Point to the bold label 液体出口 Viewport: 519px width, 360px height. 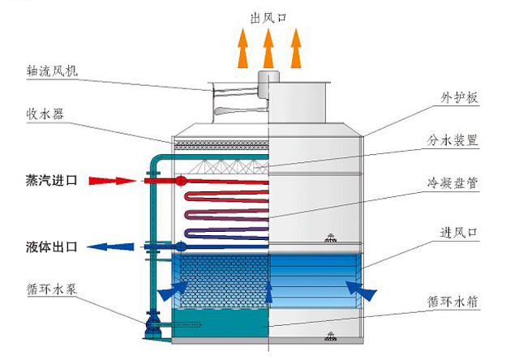pyautogui.click(x=50, y=246)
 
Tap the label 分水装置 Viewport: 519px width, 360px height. pyautogui.click(x=453, y=140)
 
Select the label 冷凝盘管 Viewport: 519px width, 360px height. pyautogui.click(x=453, y=183)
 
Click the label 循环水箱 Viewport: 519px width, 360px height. pyautogui.click(x=453, y=301)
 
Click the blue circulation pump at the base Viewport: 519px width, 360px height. pyautogui.click(x=151, y=327)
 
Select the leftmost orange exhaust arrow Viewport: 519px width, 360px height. pyautogui.click(x=242, y=49)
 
